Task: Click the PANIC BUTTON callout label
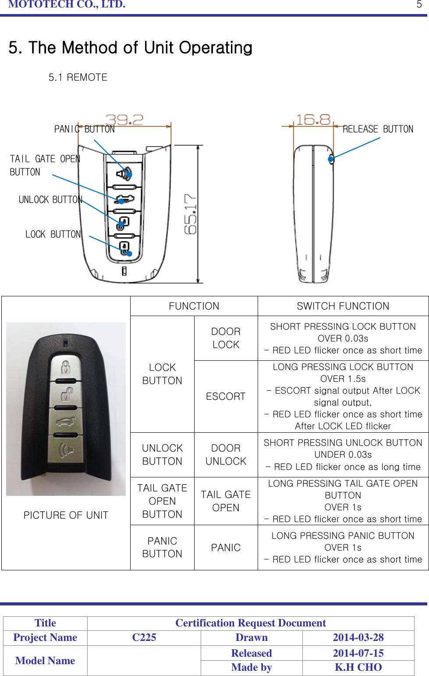pyautogui.click(x=84, y=129)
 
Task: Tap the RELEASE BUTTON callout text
pyautogui.click(x=378, y=129)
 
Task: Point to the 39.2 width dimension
pyautogui.click(x=124, y=120)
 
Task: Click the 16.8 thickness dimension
pyautogui.click(x=313, y=120)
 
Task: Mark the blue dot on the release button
pyautogui.click(x=331, y=159)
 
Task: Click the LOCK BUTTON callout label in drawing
pyautogui.click(x=53, y=234)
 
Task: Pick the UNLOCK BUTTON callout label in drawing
pyautogui.click(x=50, y=199)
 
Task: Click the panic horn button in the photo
pyautogui.click(x=66, y=450)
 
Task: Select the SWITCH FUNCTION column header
pyautogui.click(x=343, y=306)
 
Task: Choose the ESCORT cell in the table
pyautogui.click(x=226, y=396)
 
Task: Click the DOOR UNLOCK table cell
pyautogui.click(x=226, y=455)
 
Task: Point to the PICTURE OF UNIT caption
pyautogui.click(x=66, y=515)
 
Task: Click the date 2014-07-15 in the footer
pyautogui.click(x=358, y=653)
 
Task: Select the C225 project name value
pyautogui.click(x=144, y=637)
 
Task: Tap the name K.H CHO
pyautogui.click(x=358, y=667)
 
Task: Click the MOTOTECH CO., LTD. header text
pyautogui.click(x=67, y=4)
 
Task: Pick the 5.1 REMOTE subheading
pyautogui.click(x=78, y=77)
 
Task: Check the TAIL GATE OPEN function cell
pyautogui.click(x=226, y=501)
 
